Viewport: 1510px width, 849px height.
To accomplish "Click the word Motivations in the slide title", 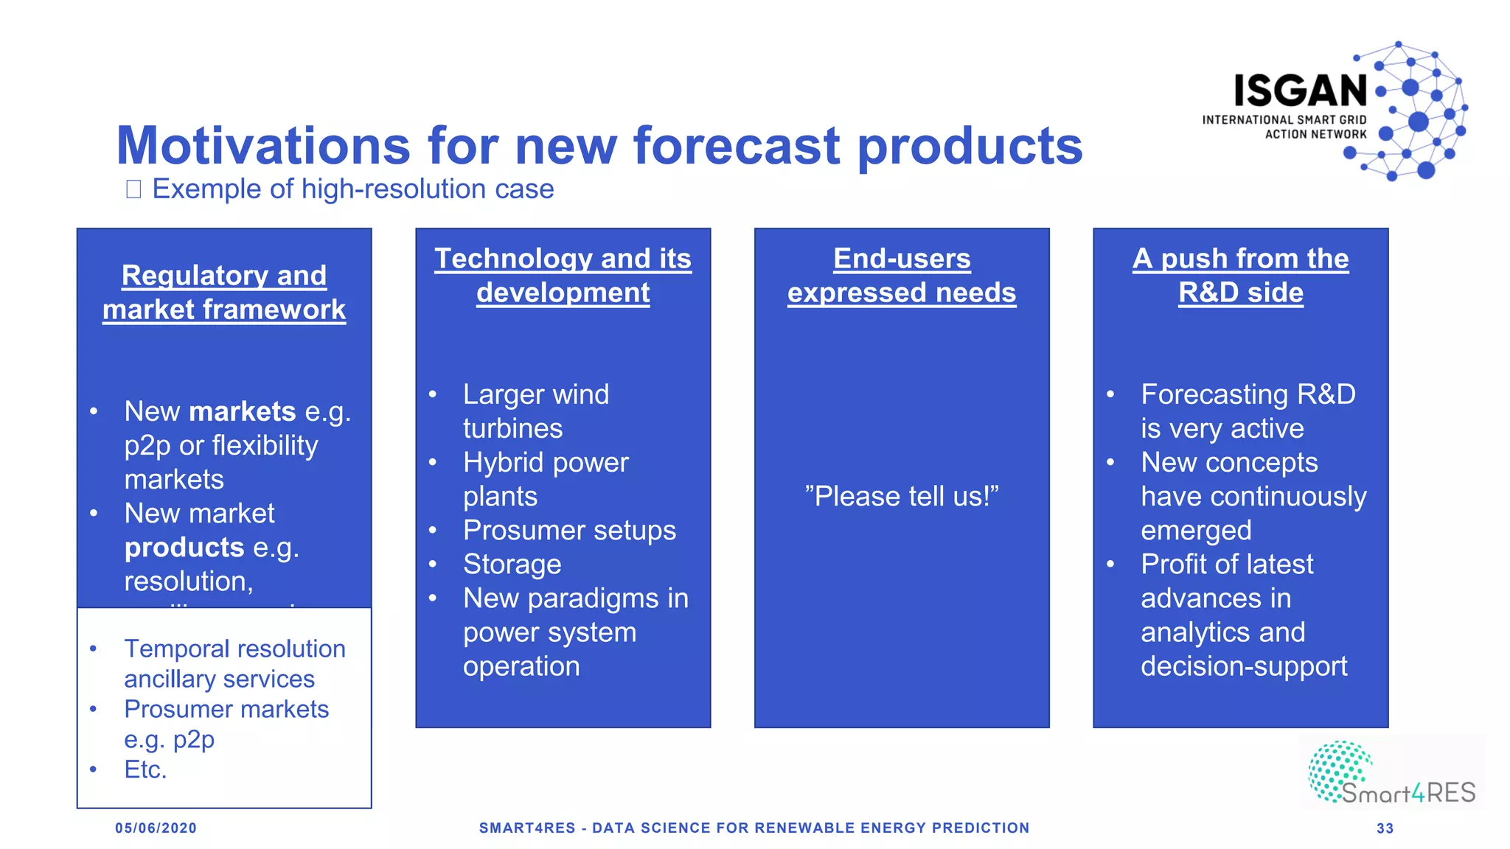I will click(x=262, y=146).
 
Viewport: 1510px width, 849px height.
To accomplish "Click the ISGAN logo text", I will click(x=1301, y=91).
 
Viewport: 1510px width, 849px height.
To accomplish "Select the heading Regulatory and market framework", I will click(x=224, y=293).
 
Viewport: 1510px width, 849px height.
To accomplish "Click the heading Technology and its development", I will click(x=563, y=276).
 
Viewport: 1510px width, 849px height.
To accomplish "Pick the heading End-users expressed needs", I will click(x=901, y=276).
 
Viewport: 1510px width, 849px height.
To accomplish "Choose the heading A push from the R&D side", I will click(x=1240, y=276).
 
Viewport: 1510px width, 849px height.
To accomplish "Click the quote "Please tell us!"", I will click(x=901, y=497).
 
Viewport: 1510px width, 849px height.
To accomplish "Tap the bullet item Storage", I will click(x=512, y=565).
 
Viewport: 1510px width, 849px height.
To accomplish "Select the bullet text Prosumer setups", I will click(x=569, y=531).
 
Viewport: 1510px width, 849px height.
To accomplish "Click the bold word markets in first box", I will click(x=242, y=411).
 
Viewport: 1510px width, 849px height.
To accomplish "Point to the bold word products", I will click(x=184, y=548).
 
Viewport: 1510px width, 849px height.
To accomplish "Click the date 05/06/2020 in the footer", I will click(x=156, y=828).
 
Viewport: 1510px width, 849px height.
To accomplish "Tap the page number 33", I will click(x=1385, y=828).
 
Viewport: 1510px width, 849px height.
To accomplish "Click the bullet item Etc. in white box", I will click(x=145, y=769).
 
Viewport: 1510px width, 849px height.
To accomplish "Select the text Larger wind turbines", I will click(x=535, y=411).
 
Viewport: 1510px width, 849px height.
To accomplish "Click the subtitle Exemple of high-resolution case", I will click(x=352, y=189).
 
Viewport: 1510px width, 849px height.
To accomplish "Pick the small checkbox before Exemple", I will click(x=133, y=189).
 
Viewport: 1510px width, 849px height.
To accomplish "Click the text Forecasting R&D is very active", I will click(x=1248, y=411).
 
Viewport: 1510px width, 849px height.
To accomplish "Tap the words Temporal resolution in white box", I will click(x=234, y=649).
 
